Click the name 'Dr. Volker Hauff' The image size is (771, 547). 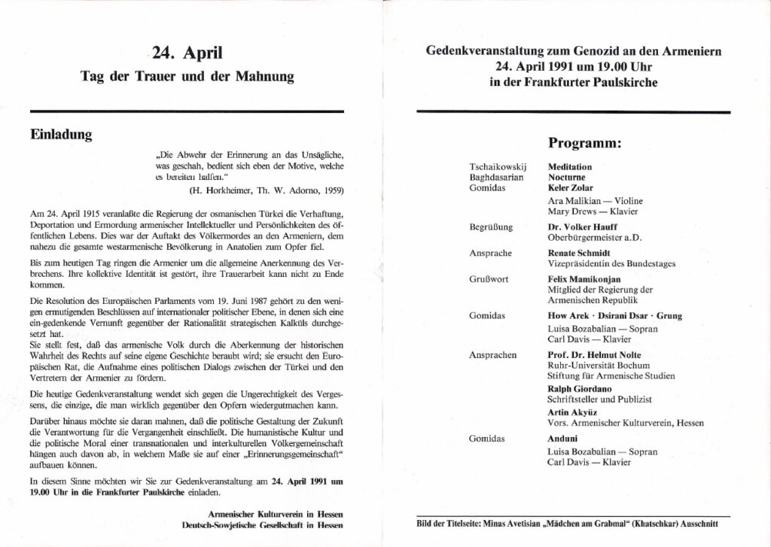[579, 226]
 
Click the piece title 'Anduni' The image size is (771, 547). [562, 439]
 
